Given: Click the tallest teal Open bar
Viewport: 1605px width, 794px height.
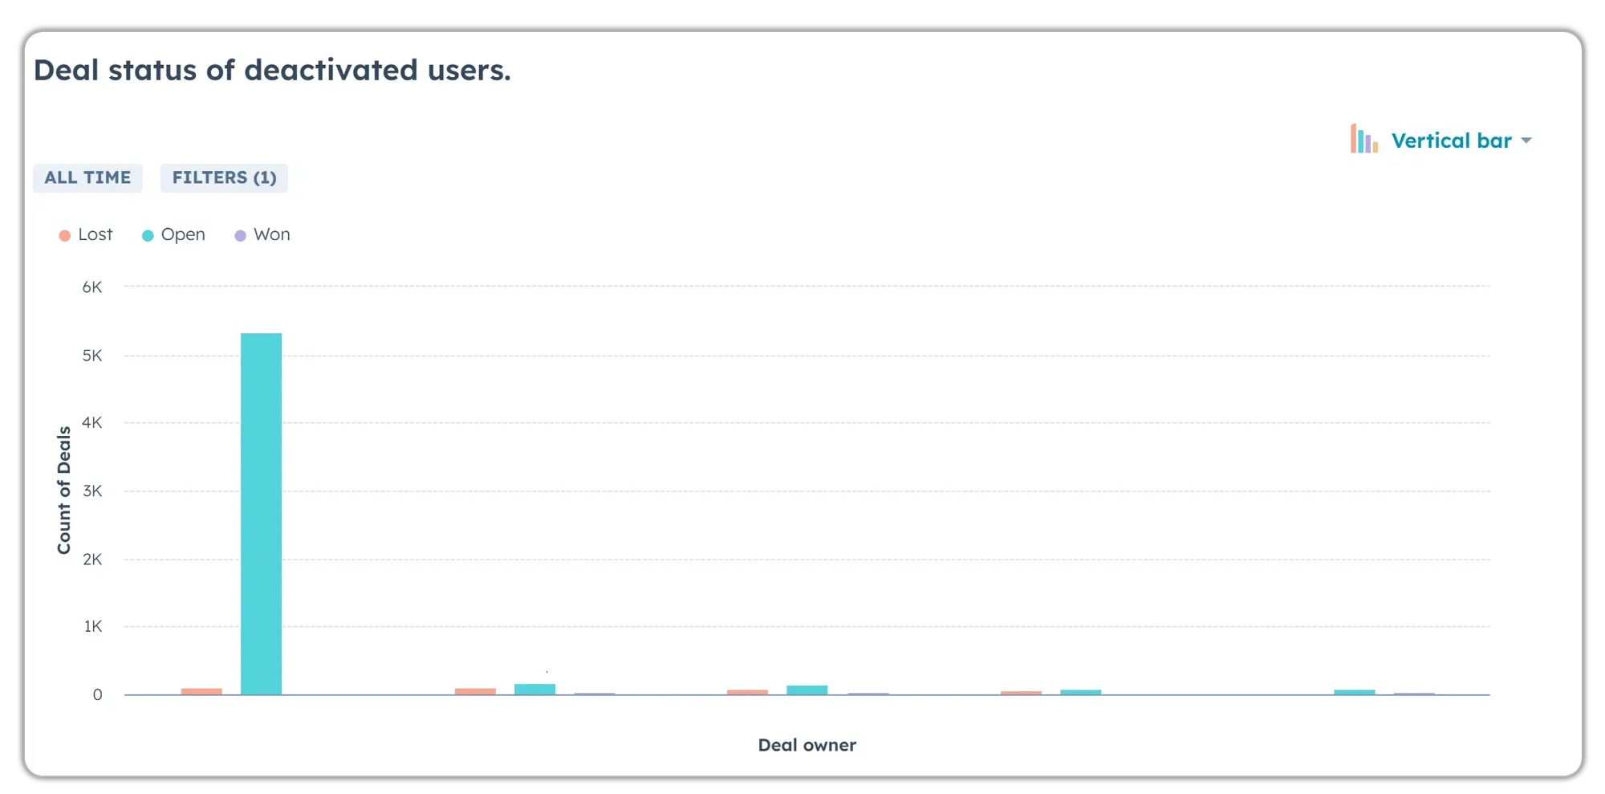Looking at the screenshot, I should (x=261, y=514).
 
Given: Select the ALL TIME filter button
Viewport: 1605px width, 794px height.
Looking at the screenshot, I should (x=87, y=177).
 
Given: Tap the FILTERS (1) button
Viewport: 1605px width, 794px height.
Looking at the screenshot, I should (x=224, y=177).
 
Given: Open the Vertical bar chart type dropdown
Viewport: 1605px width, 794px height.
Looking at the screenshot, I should (x=1453, y=141).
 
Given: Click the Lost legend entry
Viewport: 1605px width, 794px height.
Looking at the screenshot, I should (x=86, y=234).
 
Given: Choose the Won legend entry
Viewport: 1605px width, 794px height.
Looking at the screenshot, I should (x=262, y=234).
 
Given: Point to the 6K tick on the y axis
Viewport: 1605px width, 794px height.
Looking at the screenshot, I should (x=92, y=287).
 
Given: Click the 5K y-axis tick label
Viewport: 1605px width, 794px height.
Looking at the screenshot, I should (x=92, y=355).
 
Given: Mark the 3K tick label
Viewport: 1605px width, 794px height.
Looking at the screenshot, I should (x=92, y=491).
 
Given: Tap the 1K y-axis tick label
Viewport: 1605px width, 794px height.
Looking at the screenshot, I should (x=93, y=626).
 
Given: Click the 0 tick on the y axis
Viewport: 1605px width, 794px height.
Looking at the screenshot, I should (x=97, y=694).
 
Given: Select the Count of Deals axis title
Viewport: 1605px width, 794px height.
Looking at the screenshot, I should (x=64, y=490).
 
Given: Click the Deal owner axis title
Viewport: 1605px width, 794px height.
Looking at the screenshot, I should (x=807, y=745).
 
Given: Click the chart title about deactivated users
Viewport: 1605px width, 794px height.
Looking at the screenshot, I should (x=272, y=71).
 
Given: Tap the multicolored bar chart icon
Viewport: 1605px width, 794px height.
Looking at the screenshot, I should (x=1363, y=140).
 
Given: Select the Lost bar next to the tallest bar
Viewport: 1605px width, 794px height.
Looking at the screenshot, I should (x=201, y=691).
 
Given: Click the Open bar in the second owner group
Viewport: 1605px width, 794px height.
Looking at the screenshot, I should (x=534, y=689).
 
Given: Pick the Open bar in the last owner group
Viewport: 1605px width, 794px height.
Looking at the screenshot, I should (x=1354, y=692).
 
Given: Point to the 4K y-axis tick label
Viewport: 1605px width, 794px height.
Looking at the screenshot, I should (x=92, y=422).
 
